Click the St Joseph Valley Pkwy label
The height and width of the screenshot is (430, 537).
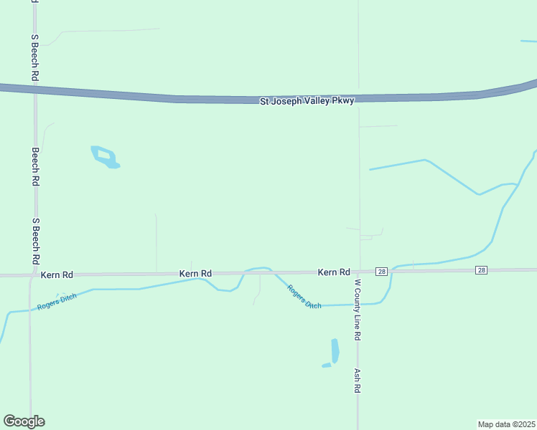click(307, 102)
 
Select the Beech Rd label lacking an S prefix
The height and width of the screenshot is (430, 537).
click(34, 167)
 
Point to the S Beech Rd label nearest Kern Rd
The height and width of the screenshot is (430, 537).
click(34, 242)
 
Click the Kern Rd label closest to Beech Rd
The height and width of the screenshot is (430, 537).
click(57, 274)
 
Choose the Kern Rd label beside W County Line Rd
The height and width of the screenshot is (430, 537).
click(334, 272)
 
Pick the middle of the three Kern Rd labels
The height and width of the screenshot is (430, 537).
click(195, 274)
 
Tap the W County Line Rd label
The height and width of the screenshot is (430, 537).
click(357, 309)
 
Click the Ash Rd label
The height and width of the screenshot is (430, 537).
click(357, 381)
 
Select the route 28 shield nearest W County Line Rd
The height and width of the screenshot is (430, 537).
click(381, 271)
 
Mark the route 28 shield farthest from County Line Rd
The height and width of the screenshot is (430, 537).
click(481, 270)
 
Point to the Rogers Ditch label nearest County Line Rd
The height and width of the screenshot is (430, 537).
click(304, 297)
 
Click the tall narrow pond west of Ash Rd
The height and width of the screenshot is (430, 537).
click(335, 350)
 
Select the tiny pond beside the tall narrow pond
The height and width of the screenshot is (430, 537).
click(327, 365)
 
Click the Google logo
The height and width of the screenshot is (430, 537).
click(24, 421)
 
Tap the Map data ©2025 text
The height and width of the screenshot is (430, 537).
click(507, 424)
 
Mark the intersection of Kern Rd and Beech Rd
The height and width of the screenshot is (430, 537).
click(32, 274)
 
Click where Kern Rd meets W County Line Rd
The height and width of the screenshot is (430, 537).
click(358, 272)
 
